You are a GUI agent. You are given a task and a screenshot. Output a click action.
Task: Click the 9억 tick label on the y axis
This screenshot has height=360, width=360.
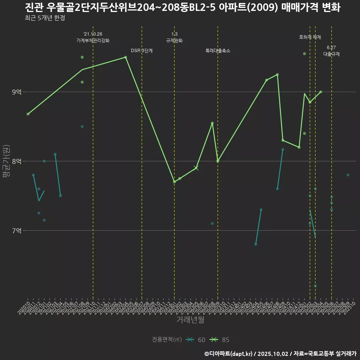(16, 92)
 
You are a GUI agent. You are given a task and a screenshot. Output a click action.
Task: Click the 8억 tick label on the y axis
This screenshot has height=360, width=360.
(16, 161)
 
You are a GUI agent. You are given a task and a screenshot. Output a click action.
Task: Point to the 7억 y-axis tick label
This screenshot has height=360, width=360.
(16, 231)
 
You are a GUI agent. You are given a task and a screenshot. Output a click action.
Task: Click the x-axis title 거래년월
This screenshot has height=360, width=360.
(190, 320)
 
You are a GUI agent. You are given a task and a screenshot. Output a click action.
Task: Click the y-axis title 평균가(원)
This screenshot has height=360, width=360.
(6, 161)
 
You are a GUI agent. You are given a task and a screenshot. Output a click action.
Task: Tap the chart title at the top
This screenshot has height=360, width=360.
(183, 7)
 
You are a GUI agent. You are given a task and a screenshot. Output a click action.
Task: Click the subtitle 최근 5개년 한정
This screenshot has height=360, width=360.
(45, 18)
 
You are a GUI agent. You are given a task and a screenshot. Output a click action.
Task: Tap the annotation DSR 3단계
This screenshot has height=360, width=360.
(142, 51)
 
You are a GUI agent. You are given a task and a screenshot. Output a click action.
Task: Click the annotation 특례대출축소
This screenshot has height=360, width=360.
(218, 51)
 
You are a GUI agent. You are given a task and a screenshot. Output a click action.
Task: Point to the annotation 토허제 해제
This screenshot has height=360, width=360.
(310, 37)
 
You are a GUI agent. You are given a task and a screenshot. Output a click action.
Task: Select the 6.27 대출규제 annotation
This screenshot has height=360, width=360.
(331, 51)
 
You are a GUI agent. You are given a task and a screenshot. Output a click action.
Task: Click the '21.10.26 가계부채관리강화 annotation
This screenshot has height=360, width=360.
(93, 37)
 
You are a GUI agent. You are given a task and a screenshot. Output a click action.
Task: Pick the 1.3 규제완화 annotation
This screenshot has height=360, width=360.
(174, 37)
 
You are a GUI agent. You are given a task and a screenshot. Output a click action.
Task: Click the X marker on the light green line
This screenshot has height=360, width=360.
(196, 168)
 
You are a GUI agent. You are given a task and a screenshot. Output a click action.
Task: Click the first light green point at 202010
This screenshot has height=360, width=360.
(28, 114)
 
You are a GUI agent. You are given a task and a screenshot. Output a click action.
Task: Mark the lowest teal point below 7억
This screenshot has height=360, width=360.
(315, 286)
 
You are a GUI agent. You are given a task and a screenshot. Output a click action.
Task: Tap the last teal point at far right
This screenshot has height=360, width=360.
(348, 175)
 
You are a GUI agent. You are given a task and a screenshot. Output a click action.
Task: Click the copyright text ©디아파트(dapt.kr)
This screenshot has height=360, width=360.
(229, 354)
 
